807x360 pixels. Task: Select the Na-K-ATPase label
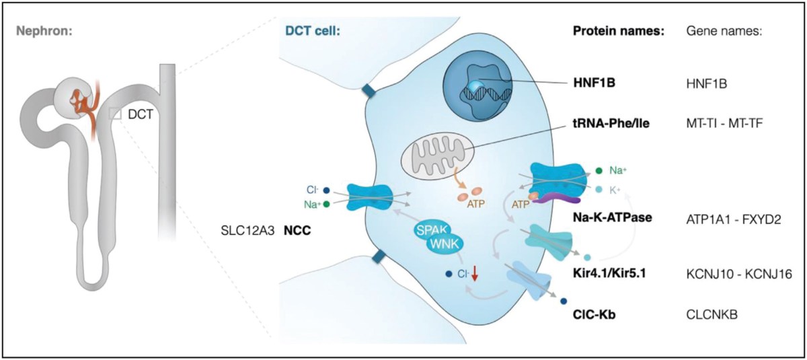607,218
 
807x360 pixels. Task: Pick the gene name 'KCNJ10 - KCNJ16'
728,275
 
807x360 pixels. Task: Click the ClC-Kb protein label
592,313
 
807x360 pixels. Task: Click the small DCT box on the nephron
116,115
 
